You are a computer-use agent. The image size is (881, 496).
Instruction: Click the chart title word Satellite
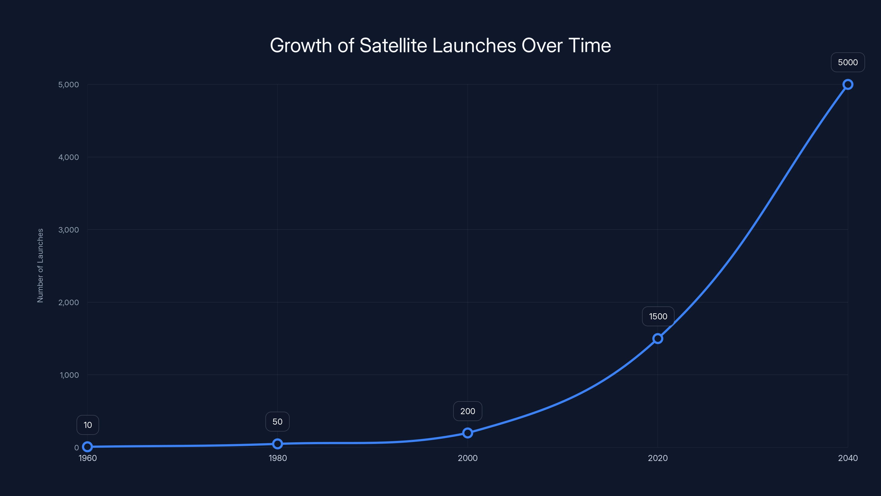tap(393, 45)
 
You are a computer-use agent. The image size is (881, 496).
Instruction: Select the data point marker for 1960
tap(88, 446)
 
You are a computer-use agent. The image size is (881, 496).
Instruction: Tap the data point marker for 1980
tap(277, 444)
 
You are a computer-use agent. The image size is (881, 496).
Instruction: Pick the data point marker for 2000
tap(467, 433)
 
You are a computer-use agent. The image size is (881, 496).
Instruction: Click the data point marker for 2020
tap(658, 339)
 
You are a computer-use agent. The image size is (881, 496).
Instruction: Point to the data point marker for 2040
tap(848, 84)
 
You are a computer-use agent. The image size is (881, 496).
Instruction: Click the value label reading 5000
tap(848, 62)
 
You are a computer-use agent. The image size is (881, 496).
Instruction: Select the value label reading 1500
tap(658, 316)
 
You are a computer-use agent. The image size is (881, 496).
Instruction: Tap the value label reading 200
tap(467, 411)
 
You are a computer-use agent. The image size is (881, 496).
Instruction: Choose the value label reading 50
tap(277, 421)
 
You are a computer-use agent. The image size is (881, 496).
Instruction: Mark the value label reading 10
tap(88, 425)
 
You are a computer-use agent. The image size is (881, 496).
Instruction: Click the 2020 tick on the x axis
tap(658, 458)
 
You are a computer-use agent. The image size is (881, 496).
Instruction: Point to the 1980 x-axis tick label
tap(277, 458)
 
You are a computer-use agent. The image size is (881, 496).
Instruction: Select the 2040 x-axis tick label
tap(848, 458)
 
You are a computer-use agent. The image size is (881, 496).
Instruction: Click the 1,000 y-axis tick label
tap(69, 375)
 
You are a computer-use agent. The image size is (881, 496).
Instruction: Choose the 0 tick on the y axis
tap(76, 448)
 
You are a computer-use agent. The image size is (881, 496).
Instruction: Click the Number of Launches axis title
tap(40, 266)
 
